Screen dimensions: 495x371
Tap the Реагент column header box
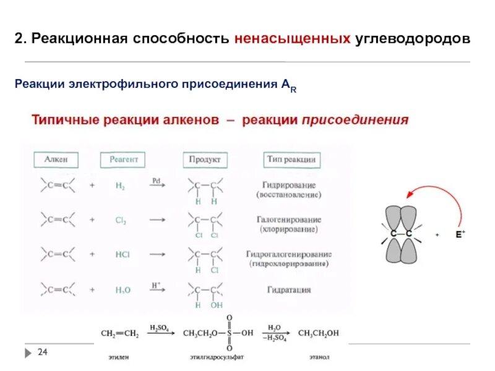[x=123, y=160]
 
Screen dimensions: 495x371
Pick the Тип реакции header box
[x=292, y=160]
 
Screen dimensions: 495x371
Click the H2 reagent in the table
[x=120, y=185]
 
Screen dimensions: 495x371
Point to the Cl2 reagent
[x=120, y=220]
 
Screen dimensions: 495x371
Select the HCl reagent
[x=121, y=254]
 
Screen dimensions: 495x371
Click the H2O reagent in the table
[x=121, y=289]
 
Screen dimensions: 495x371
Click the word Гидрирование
[x=289, y=185]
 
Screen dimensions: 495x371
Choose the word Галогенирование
[x=289, y=220]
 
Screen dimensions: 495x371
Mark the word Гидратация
[x=289, y=289]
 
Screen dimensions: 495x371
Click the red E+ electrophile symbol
[x=460, y=234]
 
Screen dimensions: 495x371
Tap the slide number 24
[x=43, y=352]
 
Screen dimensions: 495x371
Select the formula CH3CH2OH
[x=319, y=333]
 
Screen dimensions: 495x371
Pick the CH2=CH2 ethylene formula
[x=120, y=333]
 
